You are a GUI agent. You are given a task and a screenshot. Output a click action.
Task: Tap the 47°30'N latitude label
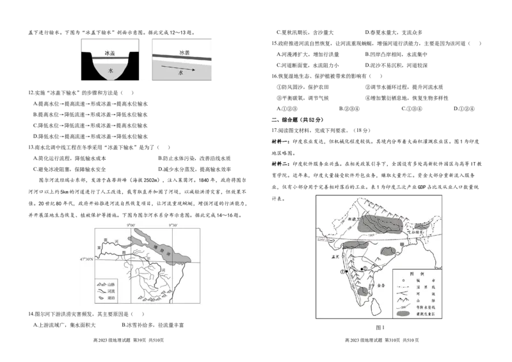84,260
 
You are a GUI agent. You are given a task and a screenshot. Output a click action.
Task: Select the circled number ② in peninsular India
365,268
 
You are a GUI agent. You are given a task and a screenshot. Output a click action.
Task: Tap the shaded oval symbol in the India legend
403,314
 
